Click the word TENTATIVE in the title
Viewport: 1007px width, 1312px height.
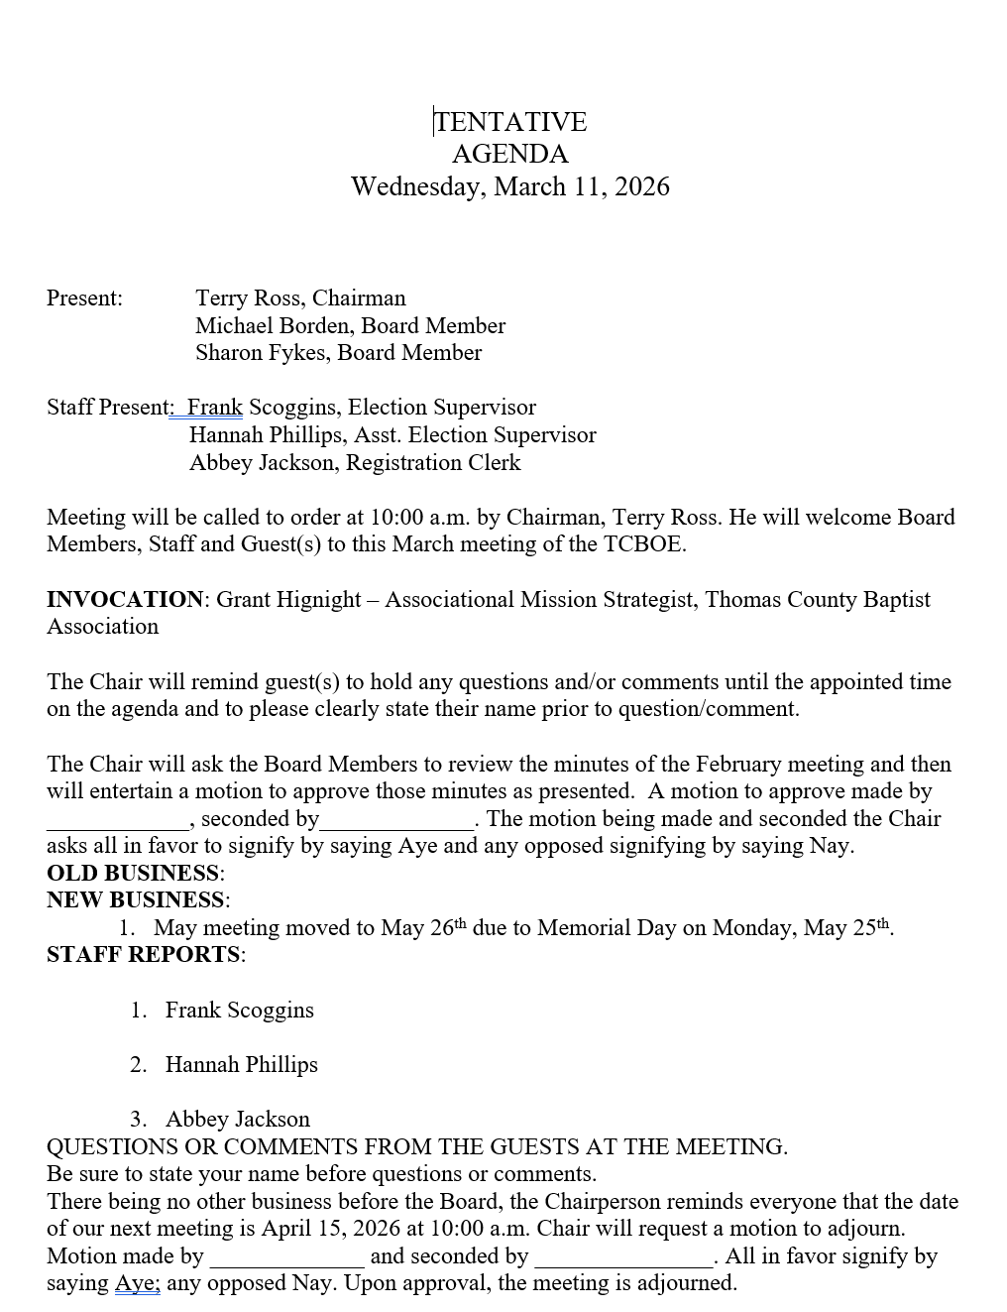coord(510,122)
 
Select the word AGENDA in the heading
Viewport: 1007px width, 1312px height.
coord(510,155)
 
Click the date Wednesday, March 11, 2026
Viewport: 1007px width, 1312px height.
coord(510,186)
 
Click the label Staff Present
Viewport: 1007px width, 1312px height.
coord(109,408)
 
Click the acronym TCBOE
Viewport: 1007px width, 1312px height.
coord(643,544)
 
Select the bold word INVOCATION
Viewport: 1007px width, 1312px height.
coord(125,600)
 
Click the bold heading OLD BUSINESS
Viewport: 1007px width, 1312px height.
coord(133,874)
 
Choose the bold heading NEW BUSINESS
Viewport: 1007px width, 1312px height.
coord(136,900)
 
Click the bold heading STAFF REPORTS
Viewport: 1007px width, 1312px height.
coord(144,955)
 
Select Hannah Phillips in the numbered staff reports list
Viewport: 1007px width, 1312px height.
coord(242,1065)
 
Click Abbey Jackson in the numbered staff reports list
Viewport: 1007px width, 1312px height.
coord(238,1120)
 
